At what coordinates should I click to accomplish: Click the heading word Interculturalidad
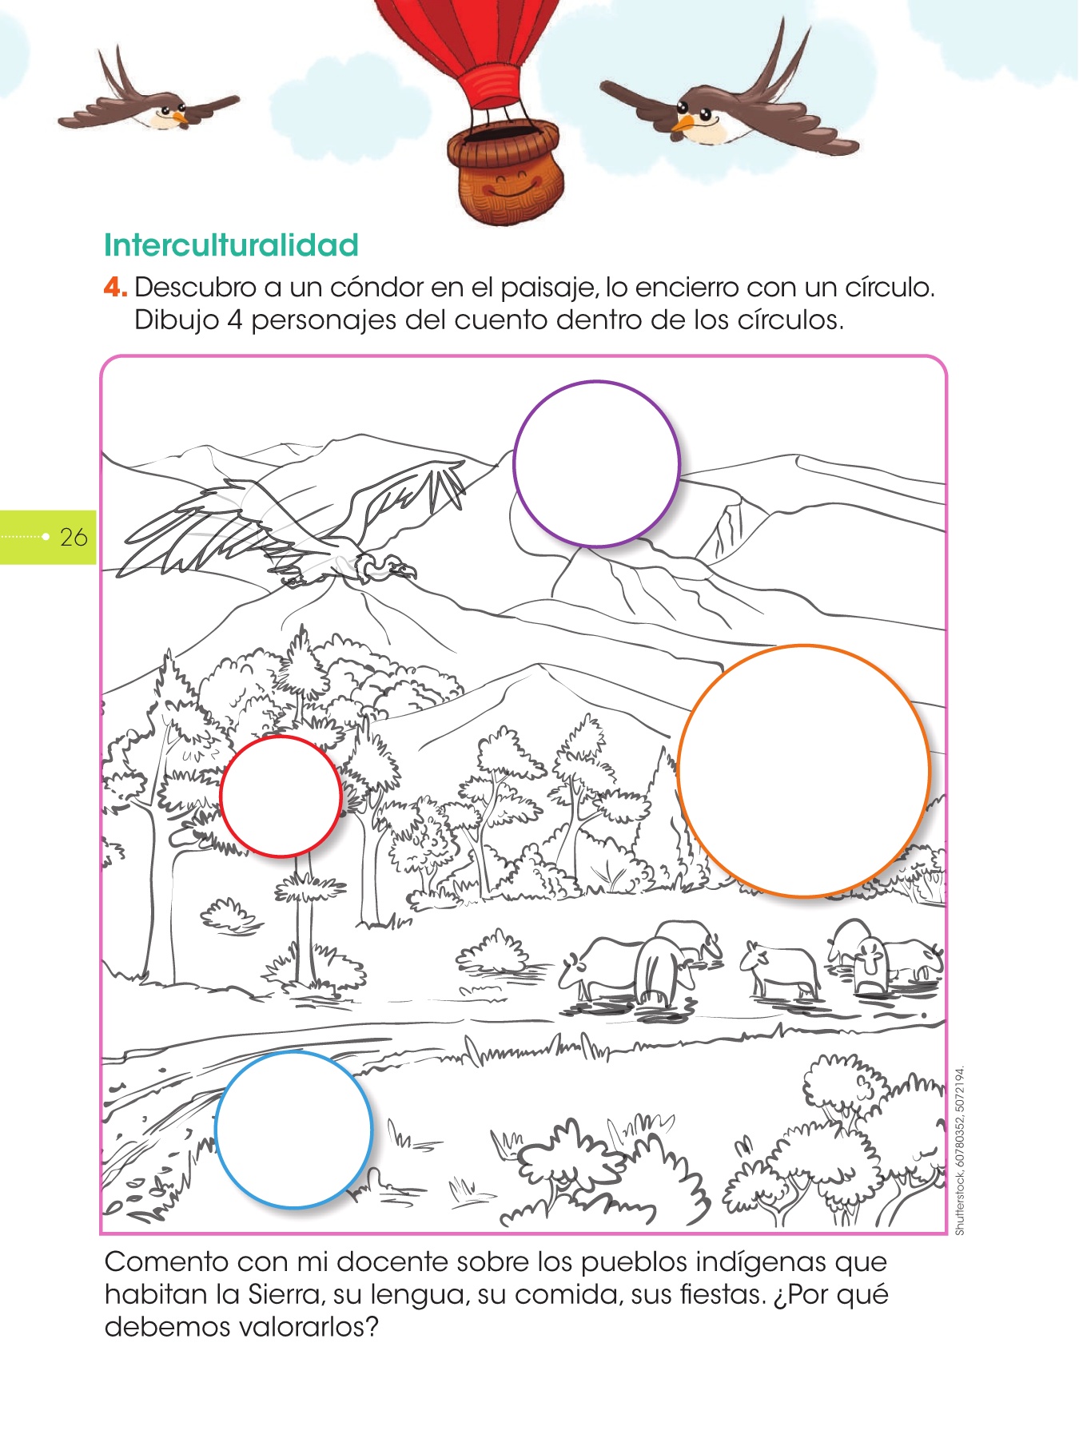tap(231, 245)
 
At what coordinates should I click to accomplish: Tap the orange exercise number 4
tap(114, 287)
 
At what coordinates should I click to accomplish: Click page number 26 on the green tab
tap(74, 537)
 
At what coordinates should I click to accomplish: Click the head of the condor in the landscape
tap(396, 569)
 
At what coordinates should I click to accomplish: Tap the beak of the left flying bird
tap(182, 118)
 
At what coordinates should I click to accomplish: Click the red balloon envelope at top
tap(466, 36)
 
